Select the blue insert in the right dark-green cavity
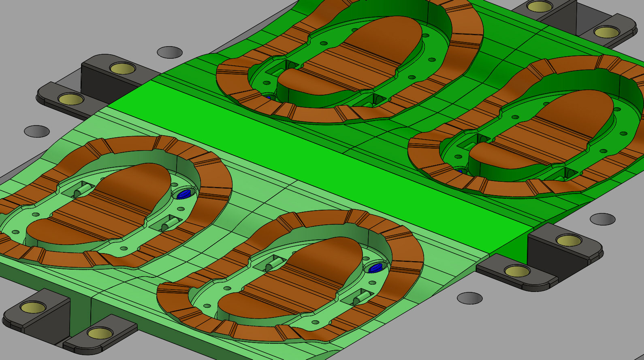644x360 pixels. (x=459, y=171)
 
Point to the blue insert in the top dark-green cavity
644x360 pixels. (x=268, y=97)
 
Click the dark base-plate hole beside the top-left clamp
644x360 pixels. (x=170, y=52)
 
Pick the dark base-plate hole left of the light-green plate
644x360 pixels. (x=37, y=131)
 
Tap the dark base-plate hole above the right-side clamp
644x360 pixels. (x=603, y=219)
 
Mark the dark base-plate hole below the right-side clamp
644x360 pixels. (x=470, y=298)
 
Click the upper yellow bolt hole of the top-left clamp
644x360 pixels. (x=123, y=68)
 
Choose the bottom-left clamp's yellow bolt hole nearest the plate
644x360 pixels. (x=100, y=333)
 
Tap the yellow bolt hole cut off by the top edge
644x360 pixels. (x=540, y=6)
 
